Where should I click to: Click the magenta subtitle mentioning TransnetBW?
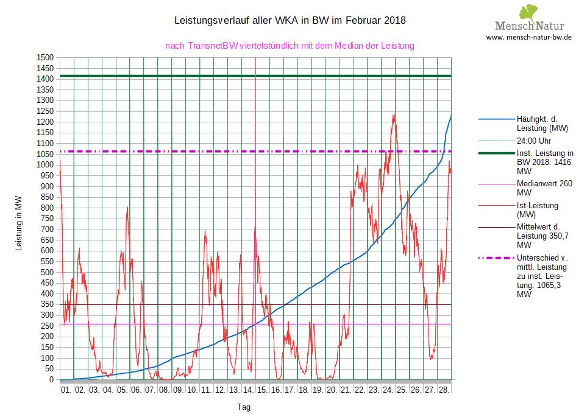(x=290, y=46)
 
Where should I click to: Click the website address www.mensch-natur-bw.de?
(x=528, y=37)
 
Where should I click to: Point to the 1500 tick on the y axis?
(x=46, y=57)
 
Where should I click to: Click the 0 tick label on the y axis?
(x=52, y=380)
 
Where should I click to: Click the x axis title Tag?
(x=243, y=407)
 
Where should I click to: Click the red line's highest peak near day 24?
(x=394, y=114)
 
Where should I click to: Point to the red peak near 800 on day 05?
(x=127, y=208)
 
